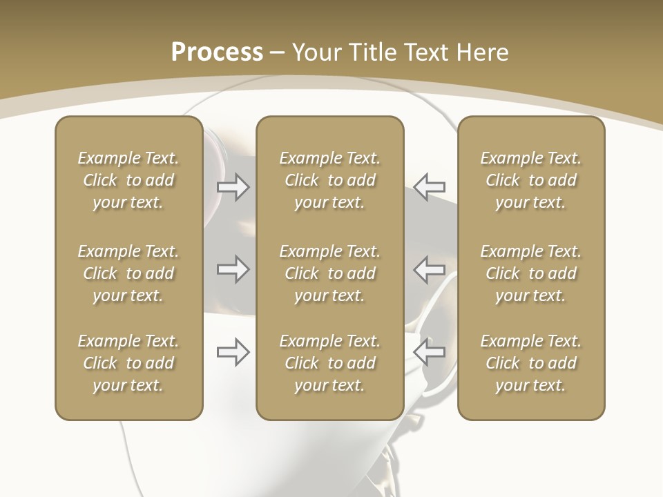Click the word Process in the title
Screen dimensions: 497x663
217,52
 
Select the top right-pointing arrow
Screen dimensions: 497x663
233,187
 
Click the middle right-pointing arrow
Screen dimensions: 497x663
233,269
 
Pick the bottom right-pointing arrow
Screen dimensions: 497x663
233,352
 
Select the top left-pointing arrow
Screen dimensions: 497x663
429,186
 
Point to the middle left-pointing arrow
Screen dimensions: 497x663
429,269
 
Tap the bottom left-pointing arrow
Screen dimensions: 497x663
429,352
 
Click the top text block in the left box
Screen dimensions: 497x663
128,180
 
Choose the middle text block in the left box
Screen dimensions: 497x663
128,273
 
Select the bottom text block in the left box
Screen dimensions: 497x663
128,363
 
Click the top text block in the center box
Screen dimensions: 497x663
329,180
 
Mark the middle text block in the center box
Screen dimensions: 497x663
329,273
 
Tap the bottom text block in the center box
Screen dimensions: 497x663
329,363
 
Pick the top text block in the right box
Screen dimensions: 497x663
530,180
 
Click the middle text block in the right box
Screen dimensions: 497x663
530,273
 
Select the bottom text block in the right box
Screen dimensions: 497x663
530,363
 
